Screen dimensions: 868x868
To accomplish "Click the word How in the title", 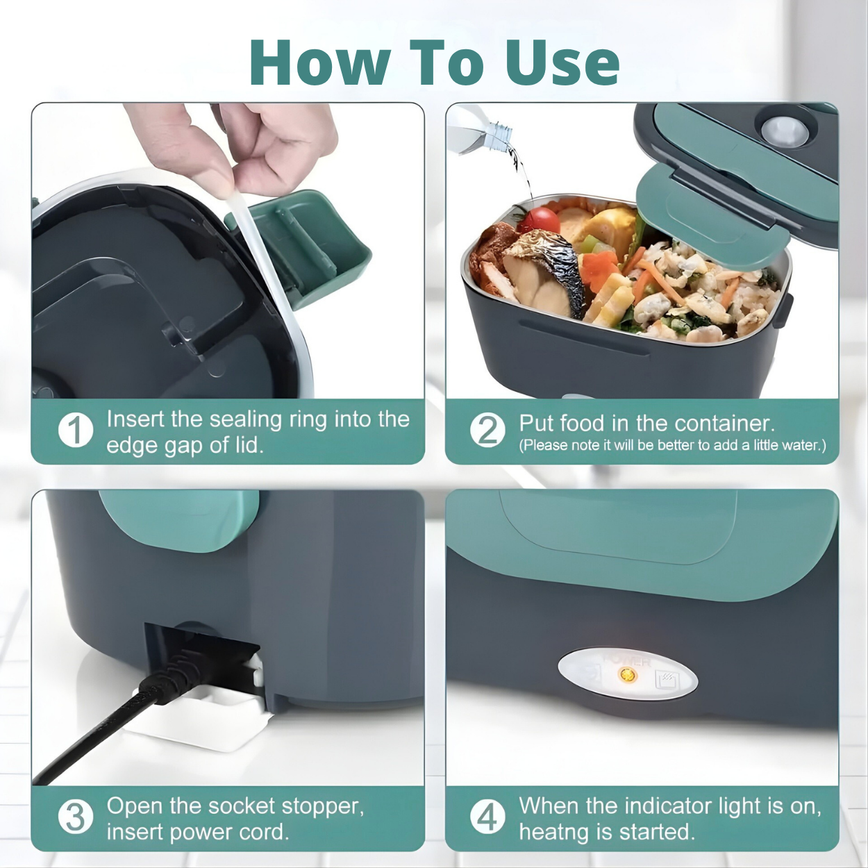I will click(x=320, y=62).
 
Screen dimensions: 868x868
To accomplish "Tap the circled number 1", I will click(x=75, y=431).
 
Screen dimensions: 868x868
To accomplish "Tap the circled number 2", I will click(x=487, y=430).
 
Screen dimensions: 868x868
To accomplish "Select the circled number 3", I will click(x=75, y=817).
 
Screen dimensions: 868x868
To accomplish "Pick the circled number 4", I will click(x=487, y=817).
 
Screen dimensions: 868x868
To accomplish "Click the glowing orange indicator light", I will click(x=627, y=675).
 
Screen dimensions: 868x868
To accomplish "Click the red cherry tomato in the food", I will click(x=539, y=220).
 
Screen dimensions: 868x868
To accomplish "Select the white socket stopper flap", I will click(x=208, y=722).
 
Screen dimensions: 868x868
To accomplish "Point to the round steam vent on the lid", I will click(x=783, y=130).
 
